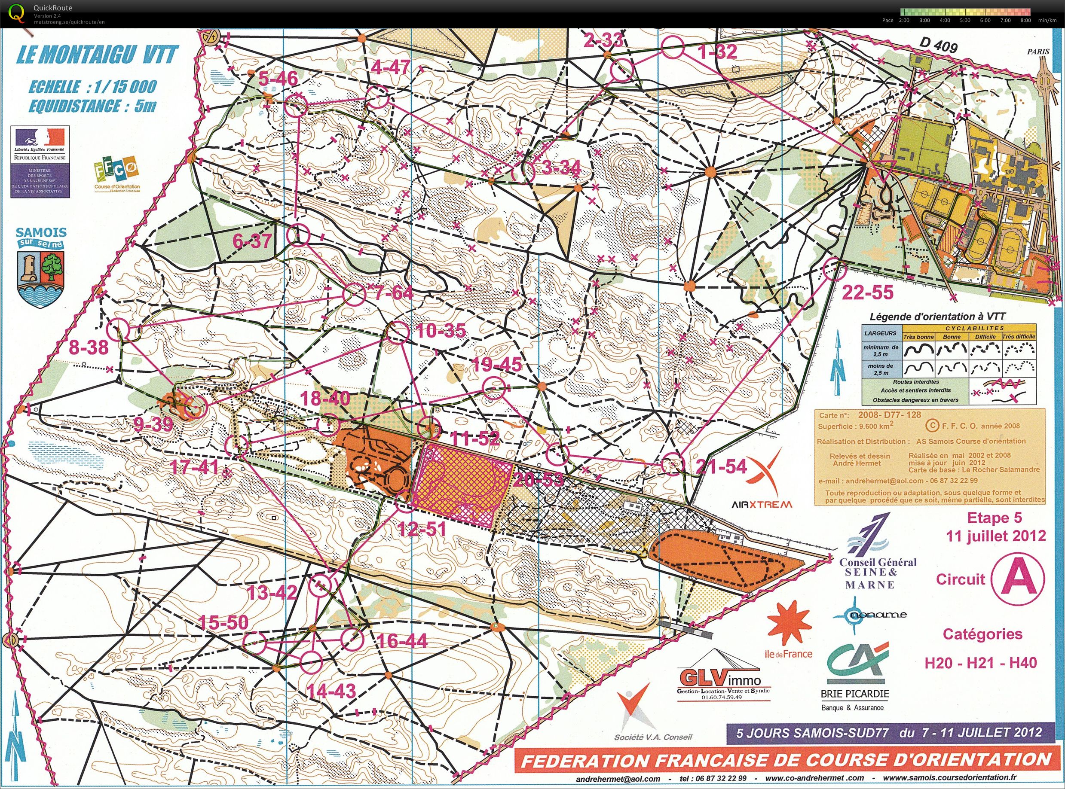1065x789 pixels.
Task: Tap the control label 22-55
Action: click(x=867, y=292)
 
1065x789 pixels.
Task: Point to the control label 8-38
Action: click(x=89, y=347)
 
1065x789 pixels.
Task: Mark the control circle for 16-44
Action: click(x=352, y=639)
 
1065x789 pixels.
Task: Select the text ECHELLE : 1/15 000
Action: click(x=92, y=87)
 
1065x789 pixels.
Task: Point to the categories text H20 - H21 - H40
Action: click(x=981, y=663)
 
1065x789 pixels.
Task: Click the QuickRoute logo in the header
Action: click(x=16, y=13)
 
